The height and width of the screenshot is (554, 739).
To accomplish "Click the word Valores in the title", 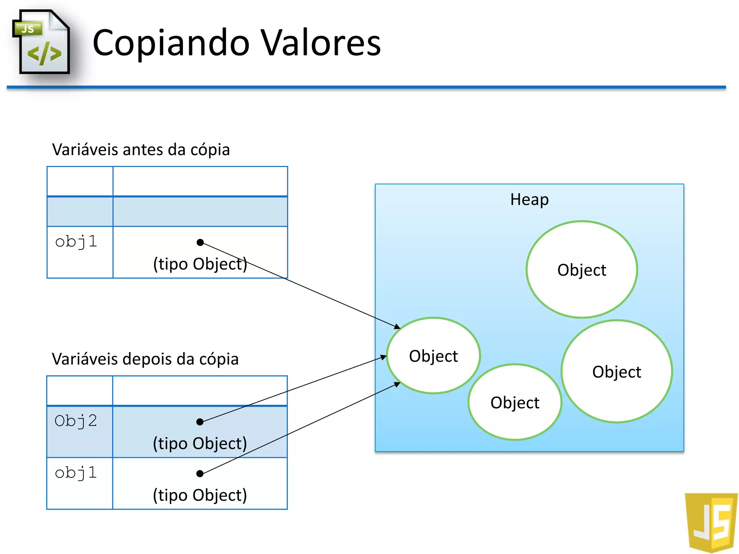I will click(320, 43).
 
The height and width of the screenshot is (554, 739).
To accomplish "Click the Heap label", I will click(529, 199).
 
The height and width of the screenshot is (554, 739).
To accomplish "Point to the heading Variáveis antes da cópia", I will click(141, 149).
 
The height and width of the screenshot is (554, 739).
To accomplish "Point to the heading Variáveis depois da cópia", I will click(145, 359).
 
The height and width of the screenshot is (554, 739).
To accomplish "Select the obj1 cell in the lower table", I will click(76, 473).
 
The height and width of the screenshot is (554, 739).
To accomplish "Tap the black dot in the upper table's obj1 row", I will click(200, 242).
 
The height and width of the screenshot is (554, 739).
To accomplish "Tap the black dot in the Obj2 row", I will click(200, 422).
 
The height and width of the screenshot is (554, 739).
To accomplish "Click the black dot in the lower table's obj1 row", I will click(200, 474).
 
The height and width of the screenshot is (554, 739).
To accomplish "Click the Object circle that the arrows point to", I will click(433, 356).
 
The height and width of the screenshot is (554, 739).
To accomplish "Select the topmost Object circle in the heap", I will click(582, 270).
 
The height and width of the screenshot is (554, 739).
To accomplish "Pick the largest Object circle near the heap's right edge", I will click(617, 371).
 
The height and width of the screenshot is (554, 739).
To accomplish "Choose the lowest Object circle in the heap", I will click(515, 402).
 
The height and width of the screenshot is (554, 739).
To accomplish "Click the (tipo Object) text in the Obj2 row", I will click(200, 443).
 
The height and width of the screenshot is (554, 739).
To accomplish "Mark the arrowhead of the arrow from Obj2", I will click(384, 357).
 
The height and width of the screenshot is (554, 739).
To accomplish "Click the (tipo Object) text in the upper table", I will click(200, 264).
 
